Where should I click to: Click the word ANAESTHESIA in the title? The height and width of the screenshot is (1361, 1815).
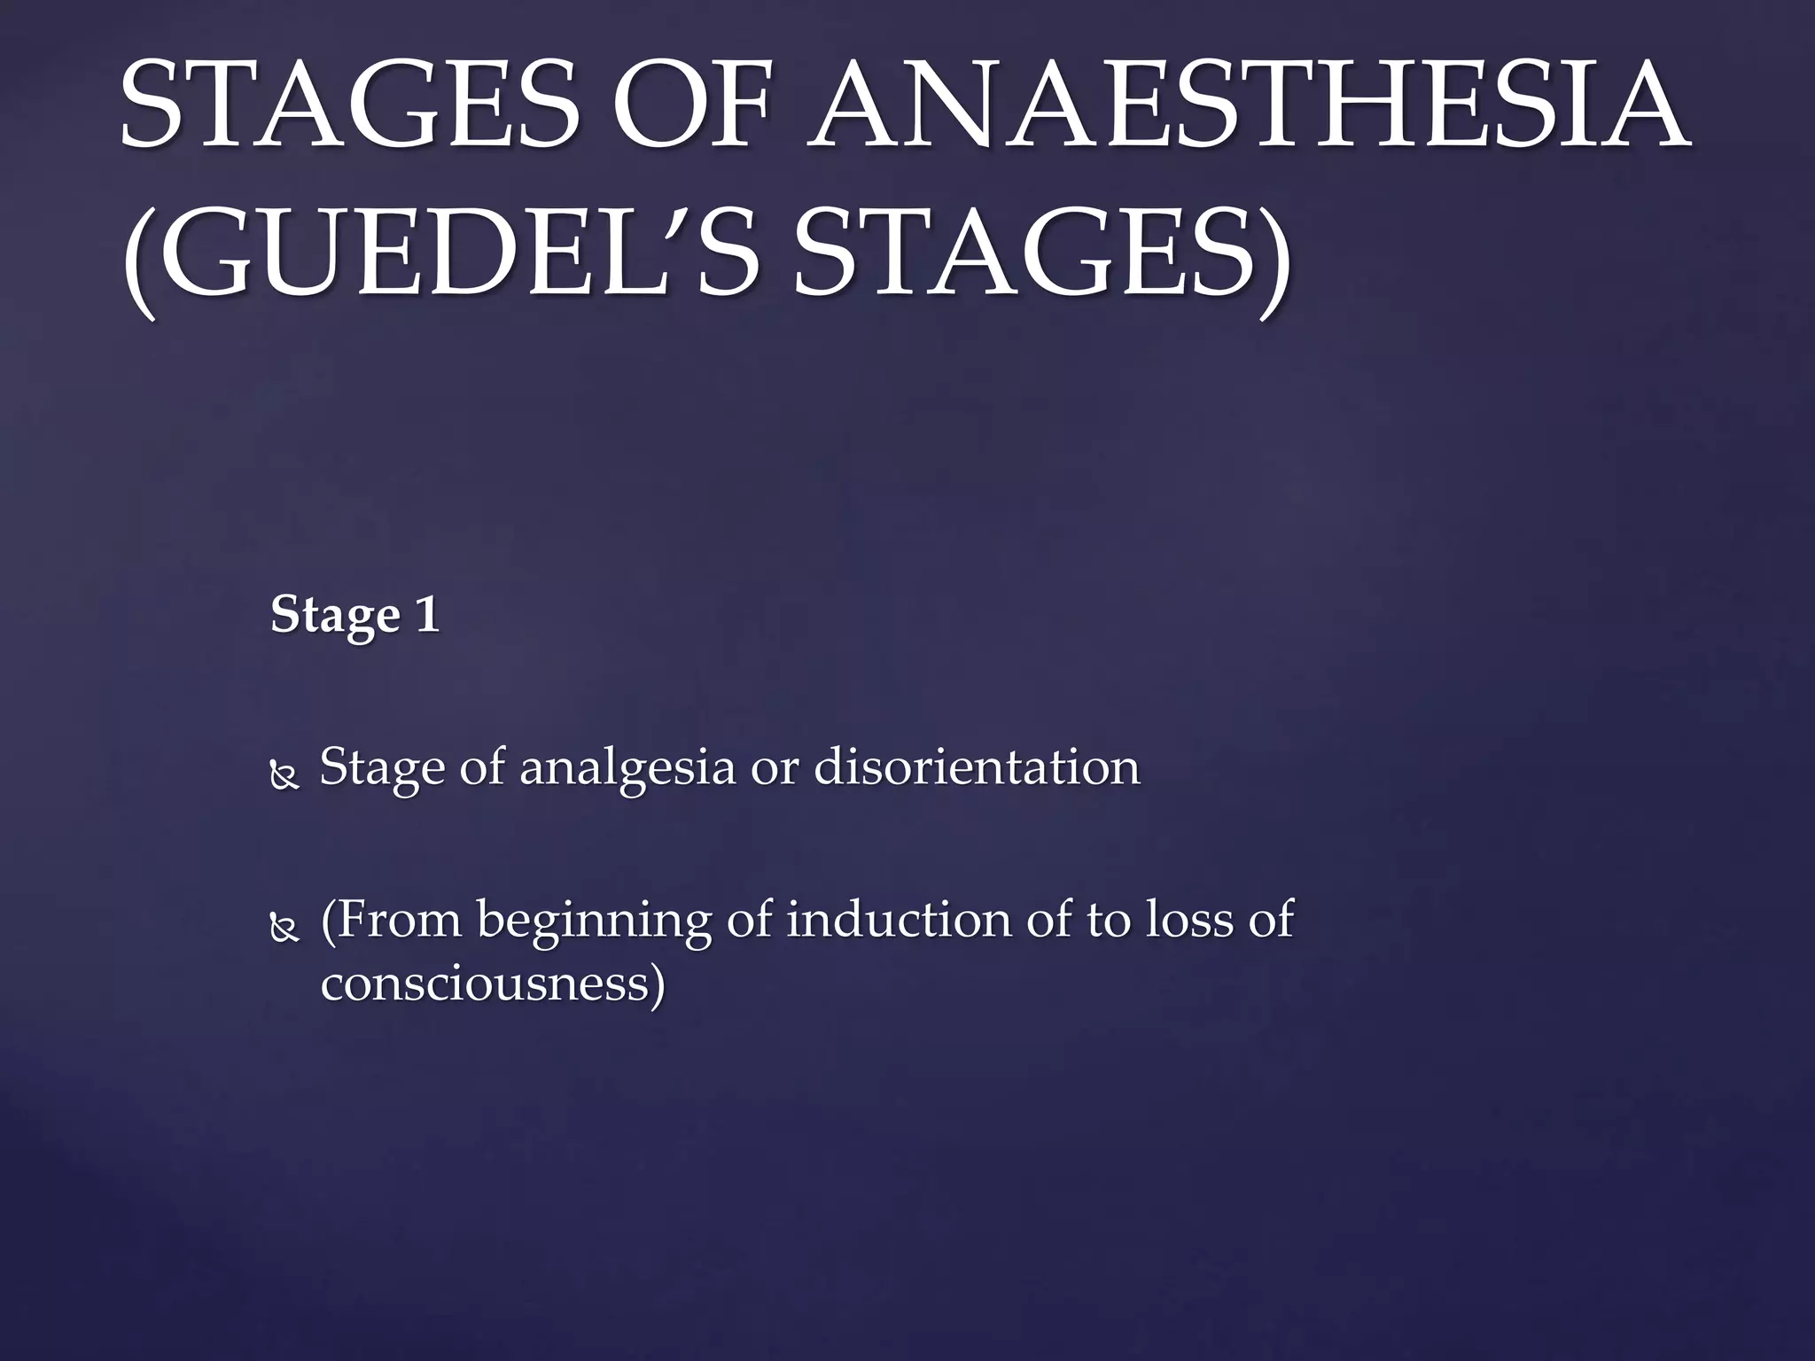(1250, 105)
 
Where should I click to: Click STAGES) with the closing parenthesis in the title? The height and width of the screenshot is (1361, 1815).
(1041, 253)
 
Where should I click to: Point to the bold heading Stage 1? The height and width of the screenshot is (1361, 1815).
(354, 614)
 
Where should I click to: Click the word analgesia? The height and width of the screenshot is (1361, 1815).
(627, 767)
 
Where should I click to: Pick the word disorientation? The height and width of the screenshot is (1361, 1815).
(977, 767)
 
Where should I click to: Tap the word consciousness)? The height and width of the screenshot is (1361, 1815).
(493, 984)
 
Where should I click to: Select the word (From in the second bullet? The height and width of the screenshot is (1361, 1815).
(391, 920)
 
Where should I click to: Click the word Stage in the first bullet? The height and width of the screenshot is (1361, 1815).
(381, 767)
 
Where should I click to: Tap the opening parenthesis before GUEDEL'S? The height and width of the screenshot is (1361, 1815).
(140, 257)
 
